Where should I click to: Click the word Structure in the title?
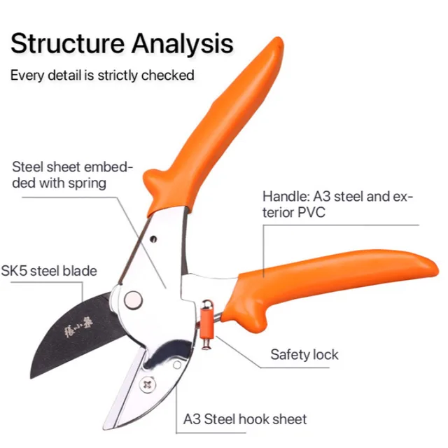click(x=66, y=43)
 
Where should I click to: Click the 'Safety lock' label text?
click(x=304, y=355)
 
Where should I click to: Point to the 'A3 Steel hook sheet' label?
click(x=245, y=420)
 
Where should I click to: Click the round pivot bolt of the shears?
click(x=132, y=300)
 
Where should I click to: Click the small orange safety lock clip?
click(x=206, y=326)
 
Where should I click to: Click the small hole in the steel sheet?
click(x=152, y=240)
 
